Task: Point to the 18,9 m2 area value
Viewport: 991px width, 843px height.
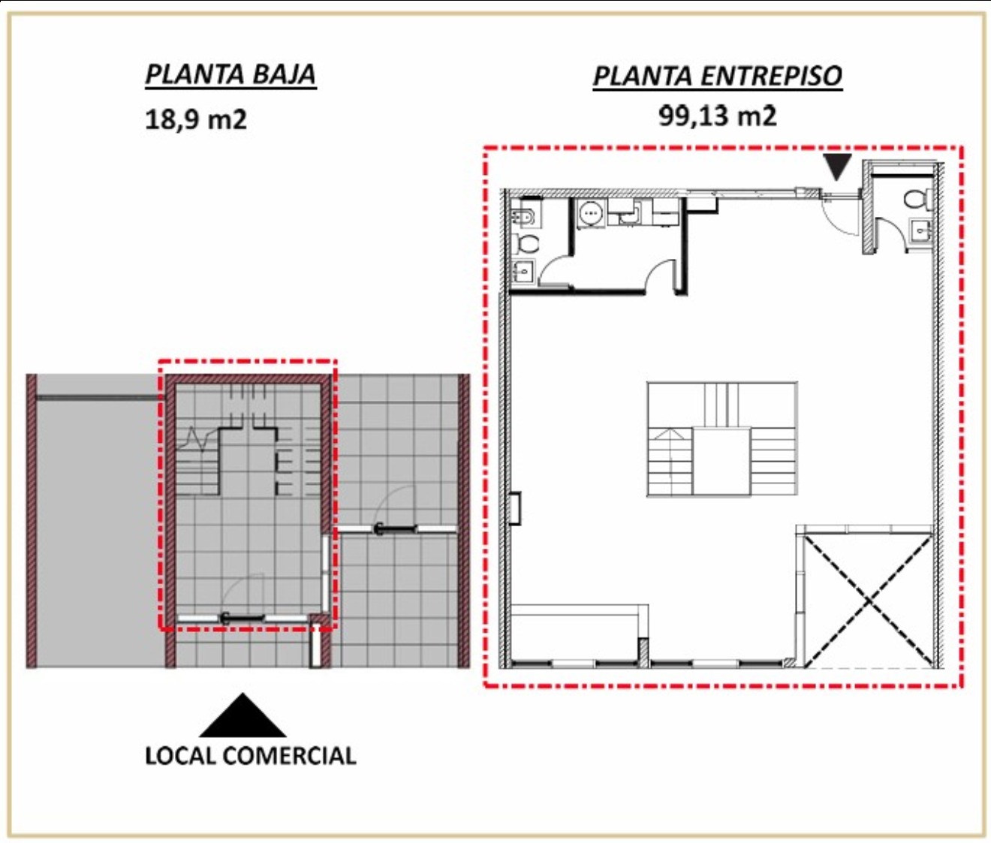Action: (x=196, y=119)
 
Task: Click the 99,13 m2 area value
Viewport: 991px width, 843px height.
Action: (x=717, y=116)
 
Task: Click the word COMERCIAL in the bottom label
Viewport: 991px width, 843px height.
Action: (x=289, y=756)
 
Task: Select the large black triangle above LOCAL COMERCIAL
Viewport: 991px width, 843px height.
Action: (x=242, y=716)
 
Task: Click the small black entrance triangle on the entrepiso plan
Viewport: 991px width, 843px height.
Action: (x=837, y=166)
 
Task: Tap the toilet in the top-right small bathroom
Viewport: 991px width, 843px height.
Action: (x=917, y=199)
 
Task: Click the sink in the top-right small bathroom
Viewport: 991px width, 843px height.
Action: (x=921, y=230)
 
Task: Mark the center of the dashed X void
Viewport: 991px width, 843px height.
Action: (x=869, y=601)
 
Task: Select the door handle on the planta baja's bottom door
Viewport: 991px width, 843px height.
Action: (x=225, y=618)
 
